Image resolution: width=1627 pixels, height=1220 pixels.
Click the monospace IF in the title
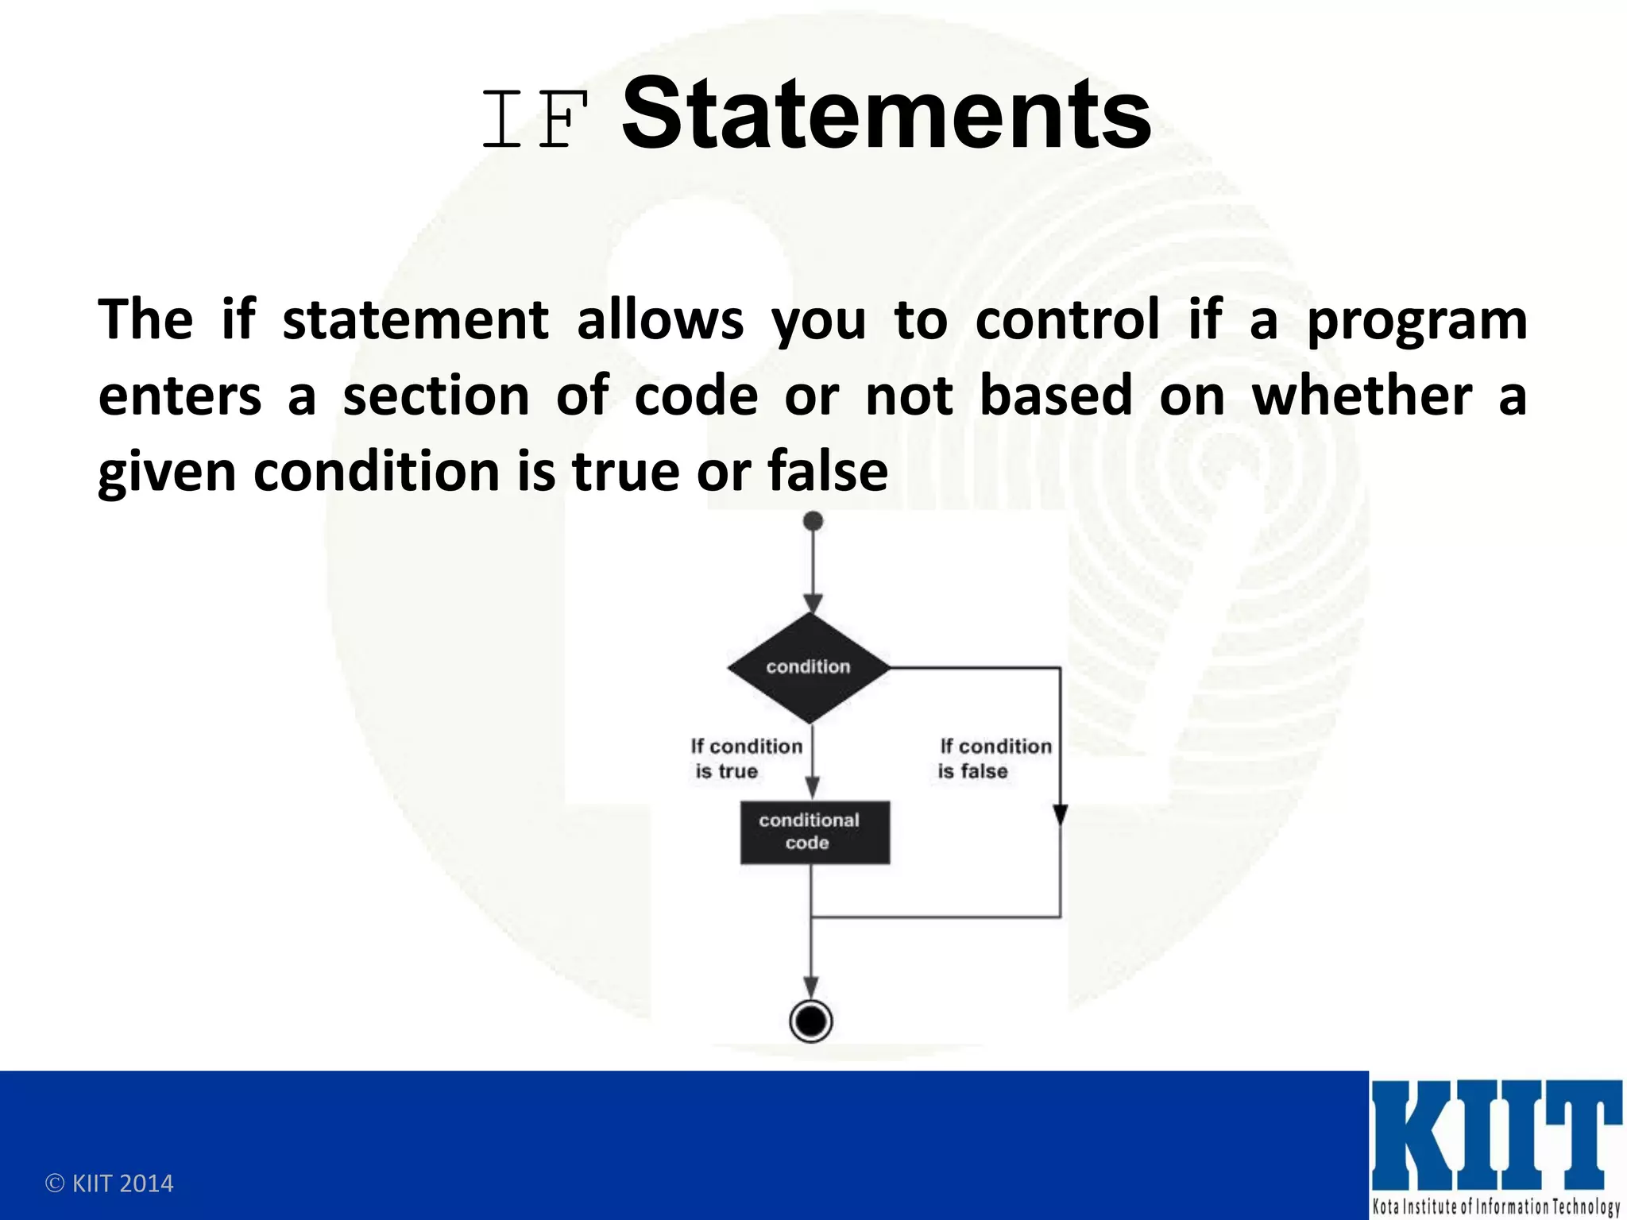point(535,120)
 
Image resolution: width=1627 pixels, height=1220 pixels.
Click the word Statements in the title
point(886,114)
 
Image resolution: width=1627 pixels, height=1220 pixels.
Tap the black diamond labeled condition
point(809,667)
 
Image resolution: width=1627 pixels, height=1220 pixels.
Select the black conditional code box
point(814,832)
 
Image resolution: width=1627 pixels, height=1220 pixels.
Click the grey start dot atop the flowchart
point(813,521)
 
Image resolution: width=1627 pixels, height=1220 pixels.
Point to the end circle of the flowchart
point(811,1021)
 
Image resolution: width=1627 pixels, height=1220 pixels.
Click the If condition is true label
point(745,759)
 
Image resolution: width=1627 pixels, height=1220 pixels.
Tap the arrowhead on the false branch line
point(1060,814)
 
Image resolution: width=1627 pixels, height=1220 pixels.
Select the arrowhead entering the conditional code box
point(812,787)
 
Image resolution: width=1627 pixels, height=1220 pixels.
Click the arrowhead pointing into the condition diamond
point(812,603)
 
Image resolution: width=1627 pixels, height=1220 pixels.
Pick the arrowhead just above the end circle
point(811,987)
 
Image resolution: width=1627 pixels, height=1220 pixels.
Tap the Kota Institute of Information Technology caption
point(1495,1206)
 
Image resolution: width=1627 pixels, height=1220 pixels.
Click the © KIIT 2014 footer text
point(109,1183)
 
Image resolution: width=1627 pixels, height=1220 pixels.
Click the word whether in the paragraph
point(1362,396)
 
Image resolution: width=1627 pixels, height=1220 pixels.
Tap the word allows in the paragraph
point(659,320)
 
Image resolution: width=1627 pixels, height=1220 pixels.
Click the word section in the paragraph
point(435,396)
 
